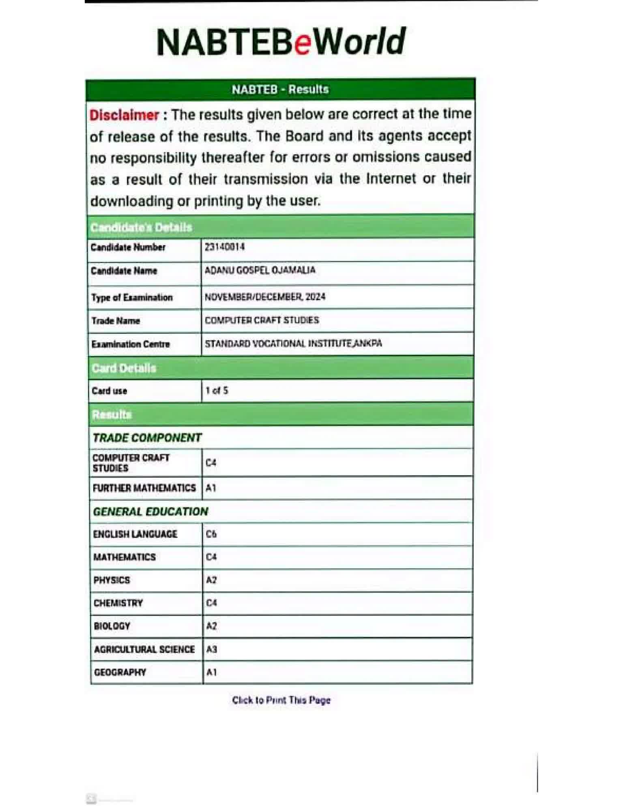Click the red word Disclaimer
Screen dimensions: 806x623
[x=124, y=115]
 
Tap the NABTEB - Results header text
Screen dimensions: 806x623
[x=280, y=89]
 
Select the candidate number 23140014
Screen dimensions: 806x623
[x=225, y=247]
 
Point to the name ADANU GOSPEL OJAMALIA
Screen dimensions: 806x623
[x=260, y=270]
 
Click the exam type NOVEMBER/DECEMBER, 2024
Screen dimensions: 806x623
[x=265, y=297]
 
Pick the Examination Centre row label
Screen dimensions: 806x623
[x=131, y=344]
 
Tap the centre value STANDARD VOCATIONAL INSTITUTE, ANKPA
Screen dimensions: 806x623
[x=293, y=344]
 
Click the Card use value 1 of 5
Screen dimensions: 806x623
[x=217, y=391]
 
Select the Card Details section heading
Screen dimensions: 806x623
[x=124, y=368]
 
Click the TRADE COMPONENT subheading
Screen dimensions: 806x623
[x=147, y=438]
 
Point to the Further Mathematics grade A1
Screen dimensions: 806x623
[x=211, y=488]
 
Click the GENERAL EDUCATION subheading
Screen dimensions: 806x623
[x=150, y=512]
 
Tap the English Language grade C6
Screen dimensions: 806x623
[x=211, y=534]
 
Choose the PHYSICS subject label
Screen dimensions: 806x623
[x=112, y=580]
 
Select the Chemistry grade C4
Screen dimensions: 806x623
[x=211, y=603]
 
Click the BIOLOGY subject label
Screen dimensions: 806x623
[x=112, y=626]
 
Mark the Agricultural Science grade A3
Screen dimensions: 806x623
[x=212, y=649]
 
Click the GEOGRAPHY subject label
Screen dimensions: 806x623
[x=120, y=672]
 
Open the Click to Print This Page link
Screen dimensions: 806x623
[x=281, y=700]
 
